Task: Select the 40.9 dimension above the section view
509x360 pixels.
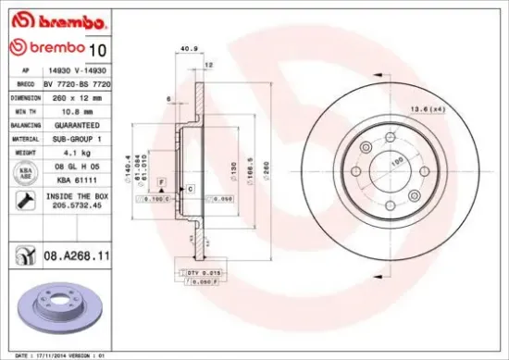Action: coord(190,50)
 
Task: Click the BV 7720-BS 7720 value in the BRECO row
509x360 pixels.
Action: coord(78,82)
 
